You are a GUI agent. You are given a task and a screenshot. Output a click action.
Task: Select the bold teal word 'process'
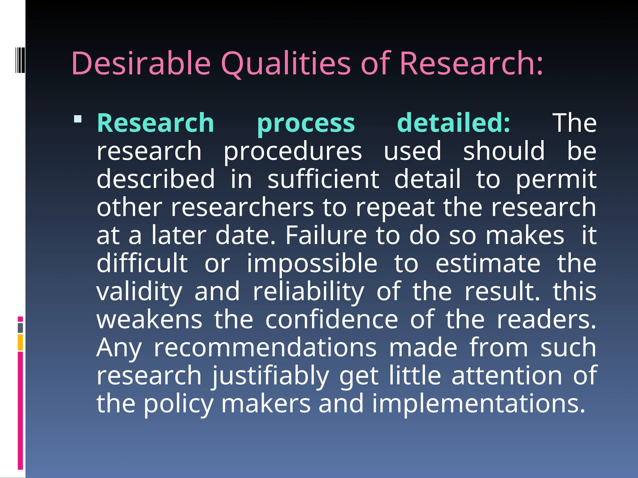[x=306, y=124]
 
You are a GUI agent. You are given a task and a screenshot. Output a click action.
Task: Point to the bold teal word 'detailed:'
[x=454, y=123]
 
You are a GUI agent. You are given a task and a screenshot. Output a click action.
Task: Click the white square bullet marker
[x=78, y=119]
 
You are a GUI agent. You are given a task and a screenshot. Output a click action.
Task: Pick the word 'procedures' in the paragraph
[x=293, y=152]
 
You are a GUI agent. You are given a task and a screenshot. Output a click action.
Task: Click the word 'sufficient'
[x=323, y=179]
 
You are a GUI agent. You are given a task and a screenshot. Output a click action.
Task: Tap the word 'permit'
[x=556, y=180]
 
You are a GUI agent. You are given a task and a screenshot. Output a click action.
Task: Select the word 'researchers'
[x=242, y=208]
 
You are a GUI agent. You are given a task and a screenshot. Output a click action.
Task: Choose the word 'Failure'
[x=326, y=236]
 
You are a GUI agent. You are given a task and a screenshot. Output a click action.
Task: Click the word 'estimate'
[x=488, y=264]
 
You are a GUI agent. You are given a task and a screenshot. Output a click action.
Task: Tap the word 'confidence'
[x=331, y=320]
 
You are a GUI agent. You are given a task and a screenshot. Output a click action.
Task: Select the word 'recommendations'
[x=265, y=348]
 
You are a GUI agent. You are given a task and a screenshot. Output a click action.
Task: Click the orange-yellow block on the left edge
[x=20, y=342]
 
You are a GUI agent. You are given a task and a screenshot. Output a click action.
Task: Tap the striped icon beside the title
[x=20, y=60]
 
